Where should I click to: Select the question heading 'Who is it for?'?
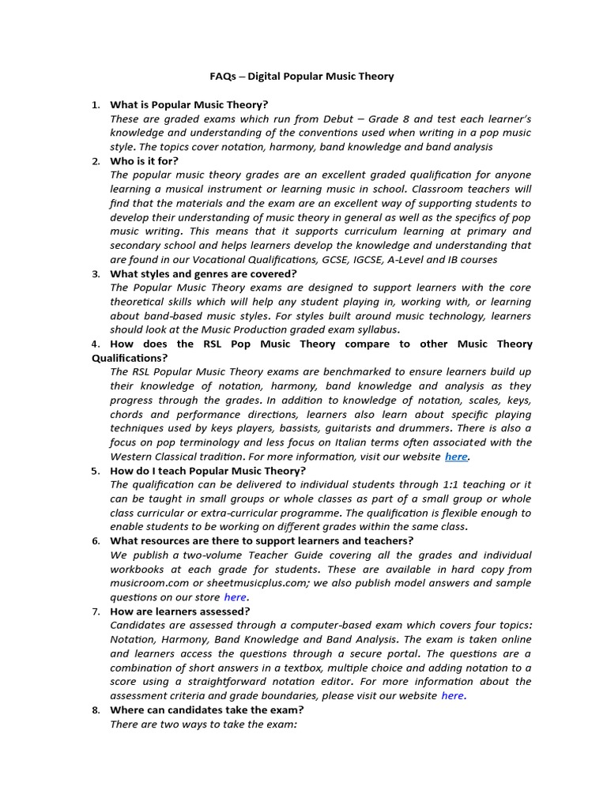(145, 161)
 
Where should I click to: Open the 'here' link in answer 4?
(456, 457)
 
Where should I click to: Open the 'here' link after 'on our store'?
(235, 597)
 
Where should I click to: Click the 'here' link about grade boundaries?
(452, 695)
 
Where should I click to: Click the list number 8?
(96, 710)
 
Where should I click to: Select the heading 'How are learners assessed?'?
(180, 611)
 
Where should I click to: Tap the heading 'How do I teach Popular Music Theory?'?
(208, 471)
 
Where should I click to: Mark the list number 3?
(96, 274)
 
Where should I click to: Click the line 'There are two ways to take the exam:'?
(203, 724)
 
